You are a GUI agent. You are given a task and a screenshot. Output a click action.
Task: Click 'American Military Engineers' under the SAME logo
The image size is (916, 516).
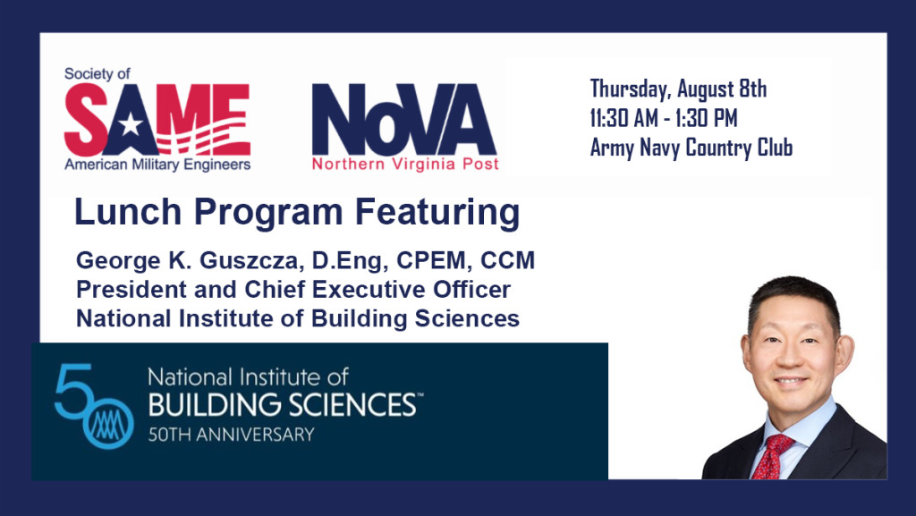[157, 165]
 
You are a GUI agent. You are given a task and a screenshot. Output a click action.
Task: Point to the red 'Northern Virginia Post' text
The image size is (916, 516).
[405, 165]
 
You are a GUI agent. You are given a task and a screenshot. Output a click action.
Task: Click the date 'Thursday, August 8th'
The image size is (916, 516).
[678, 89]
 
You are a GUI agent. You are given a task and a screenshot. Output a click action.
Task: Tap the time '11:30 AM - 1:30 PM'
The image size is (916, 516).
[664, 118]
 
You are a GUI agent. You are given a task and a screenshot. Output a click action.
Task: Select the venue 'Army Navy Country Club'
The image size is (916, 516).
[691, 148]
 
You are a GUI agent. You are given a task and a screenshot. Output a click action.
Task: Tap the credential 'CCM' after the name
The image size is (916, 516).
[507, 261]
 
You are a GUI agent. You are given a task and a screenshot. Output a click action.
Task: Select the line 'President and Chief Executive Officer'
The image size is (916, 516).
[293, 290]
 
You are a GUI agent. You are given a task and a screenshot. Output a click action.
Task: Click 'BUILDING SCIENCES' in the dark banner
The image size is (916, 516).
[281, 405]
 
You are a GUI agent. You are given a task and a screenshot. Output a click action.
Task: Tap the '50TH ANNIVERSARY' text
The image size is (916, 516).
[231, 435]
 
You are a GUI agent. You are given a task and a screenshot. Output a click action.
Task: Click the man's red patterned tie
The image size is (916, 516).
[771, 456]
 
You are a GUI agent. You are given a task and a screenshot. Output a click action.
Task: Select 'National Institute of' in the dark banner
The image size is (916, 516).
[248, 376]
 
